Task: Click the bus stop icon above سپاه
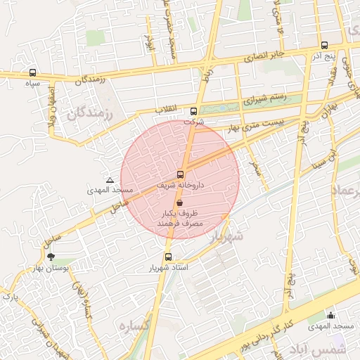pos(33,72)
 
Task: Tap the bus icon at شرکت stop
pos(194,111)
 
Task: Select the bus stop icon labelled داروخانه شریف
pos(181,174)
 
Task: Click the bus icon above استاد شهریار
pos(168,257)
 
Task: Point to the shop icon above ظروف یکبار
pos(181,202)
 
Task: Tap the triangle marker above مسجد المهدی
pos(110,180)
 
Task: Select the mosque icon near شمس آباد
pos(330,315)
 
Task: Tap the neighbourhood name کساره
pos(135,326)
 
